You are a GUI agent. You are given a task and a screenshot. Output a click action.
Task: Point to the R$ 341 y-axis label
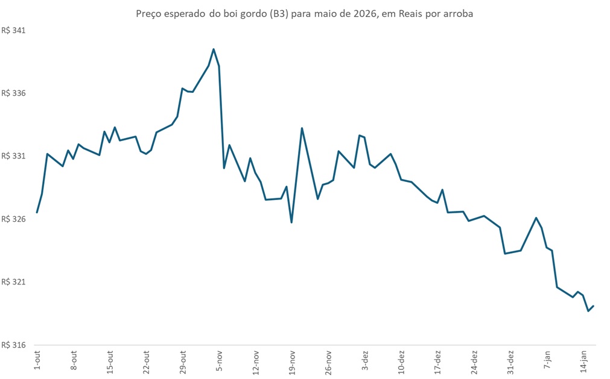[14, 30]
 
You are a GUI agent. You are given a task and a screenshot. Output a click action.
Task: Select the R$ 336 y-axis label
[14, 93]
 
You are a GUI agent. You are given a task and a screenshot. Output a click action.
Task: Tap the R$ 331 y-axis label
[14, 156]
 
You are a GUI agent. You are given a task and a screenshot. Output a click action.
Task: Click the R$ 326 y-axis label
[14, 219]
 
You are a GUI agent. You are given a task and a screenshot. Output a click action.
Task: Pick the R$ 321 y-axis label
[14, 282]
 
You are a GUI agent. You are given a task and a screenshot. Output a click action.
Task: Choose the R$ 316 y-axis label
[14, 345]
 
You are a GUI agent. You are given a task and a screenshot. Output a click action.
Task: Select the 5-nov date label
[220, 360]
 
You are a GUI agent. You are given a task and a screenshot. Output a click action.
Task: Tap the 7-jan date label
[547, 360]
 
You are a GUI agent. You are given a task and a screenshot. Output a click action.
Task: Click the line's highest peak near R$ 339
[214, 49]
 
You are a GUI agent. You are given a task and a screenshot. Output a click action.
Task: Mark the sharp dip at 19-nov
[291, 222]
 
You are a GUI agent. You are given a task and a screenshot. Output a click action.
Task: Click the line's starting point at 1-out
[37, 212]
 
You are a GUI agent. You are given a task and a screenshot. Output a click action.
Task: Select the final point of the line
[594, 306]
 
